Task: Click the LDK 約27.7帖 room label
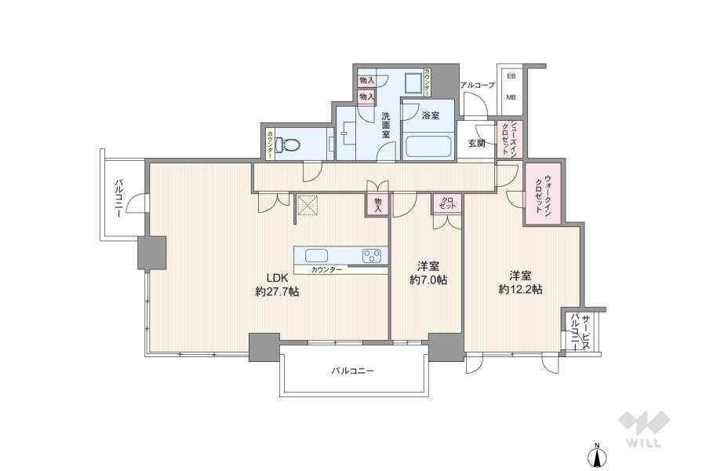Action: (x=276, y=284)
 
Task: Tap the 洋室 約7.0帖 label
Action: (x=428, y=273)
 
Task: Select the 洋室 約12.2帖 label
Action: (x=521, y=282)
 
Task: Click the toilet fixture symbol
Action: (x=290, y=144)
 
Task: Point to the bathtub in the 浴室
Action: (x=428, y=147)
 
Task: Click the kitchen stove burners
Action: (x=371, y=255)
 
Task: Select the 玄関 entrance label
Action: (x=475, y=143)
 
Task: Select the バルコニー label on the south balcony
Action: (x=352, y=371)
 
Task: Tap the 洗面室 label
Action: (x=386, y=126)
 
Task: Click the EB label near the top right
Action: (x=511, y=76)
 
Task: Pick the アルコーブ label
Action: (x=477, y=85)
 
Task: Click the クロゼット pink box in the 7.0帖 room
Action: (x=447, y=204)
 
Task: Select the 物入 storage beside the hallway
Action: (x=377, y=204)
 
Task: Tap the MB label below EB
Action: (x=511, y=97)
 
